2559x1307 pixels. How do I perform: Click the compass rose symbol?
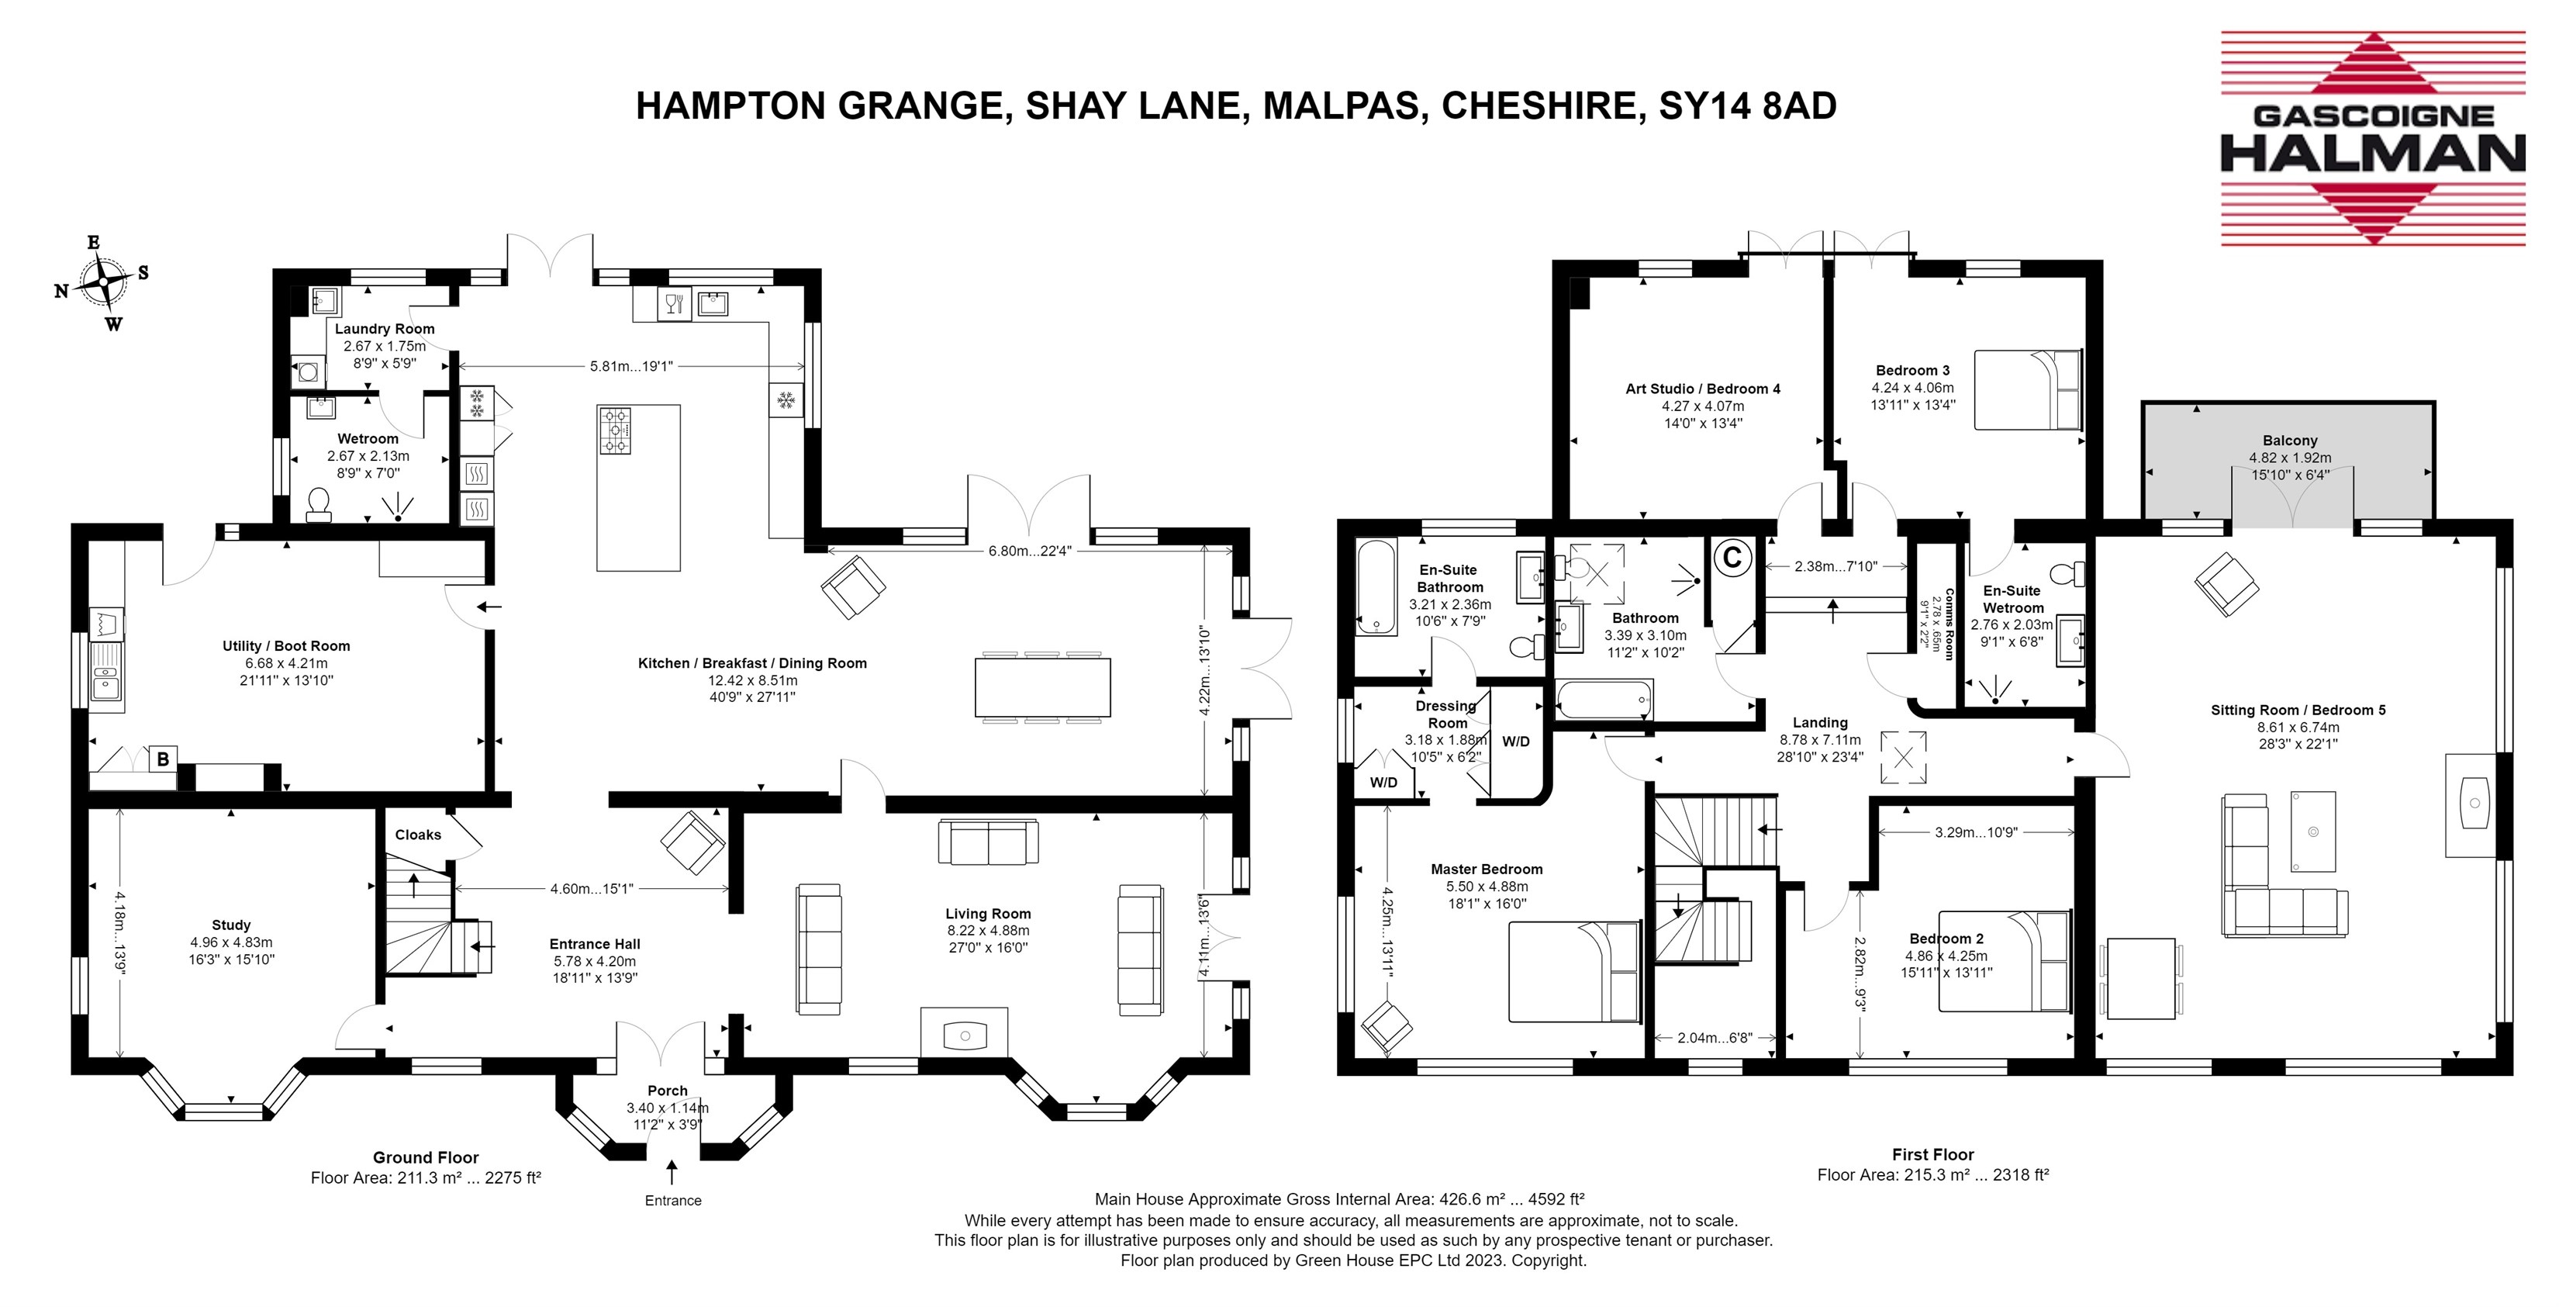point(102,283)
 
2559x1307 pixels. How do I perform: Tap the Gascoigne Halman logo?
point(2372,138)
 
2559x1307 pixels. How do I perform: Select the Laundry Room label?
point(385,329)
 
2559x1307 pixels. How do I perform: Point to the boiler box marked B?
point(163,759)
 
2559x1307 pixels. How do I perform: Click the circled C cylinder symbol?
point(1732,558)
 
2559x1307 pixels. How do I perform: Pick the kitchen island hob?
point(615,430)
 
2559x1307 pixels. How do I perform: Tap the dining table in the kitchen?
point(1043,686)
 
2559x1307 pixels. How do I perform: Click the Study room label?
point(231,925)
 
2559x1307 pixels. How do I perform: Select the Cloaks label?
point(418,835)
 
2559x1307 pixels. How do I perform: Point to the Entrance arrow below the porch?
point(672,1173)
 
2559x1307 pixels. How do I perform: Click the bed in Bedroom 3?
point(2028,389)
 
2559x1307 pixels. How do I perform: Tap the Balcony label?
point(2290,441)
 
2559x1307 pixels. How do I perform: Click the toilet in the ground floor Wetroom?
point(319,504)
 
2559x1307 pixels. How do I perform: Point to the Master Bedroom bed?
point(1574,972)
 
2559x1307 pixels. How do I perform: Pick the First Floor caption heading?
point(1932,1155)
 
